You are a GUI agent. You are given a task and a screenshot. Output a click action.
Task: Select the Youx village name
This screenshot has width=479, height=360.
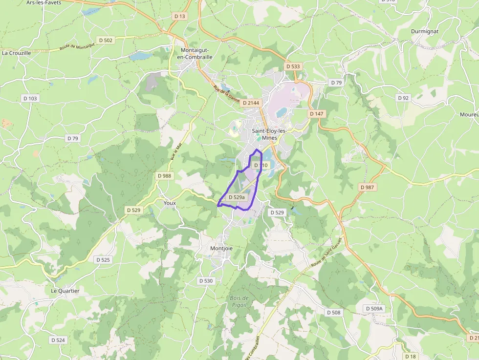pos(170,203)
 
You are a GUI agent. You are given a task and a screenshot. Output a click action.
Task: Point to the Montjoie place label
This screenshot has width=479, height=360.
pos(221,248)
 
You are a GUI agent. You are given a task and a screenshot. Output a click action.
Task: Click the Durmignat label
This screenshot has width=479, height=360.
pos(425,31)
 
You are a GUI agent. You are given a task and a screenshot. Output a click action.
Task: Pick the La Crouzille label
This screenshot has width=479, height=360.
pos(17,53)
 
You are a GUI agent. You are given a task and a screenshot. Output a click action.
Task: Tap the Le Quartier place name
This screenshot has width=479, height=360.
pos(65,291)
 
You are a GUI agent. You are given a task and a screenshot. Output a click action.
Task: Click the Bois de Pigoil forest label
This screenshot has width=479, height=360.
pos(239,301)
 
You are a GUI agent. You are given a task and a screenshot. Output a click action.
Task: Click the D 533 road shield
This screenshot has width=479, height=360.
pos(293,66)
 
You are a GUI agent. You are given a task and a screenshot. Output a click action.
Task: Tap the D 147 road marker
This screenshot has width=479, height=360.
pos(317,113)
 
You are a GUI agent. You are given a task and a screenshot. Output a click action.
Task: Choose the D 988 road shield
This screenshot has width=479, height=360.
pos(165,176)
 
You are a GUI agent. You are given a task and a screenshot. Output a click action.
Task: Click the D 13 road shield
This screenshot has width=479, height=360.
pos(180,16)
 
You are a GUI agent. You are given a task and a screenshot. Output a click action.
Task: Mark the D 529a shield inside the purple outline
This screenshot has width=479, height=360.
pos(237,197)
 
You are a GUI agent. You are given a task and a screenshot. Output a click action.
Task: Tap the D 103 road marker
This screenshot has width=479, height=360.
pos(30,98)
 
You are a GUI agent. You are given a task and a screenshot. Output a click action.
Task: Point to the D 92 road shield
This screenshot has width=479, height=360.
pos(403,98)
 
